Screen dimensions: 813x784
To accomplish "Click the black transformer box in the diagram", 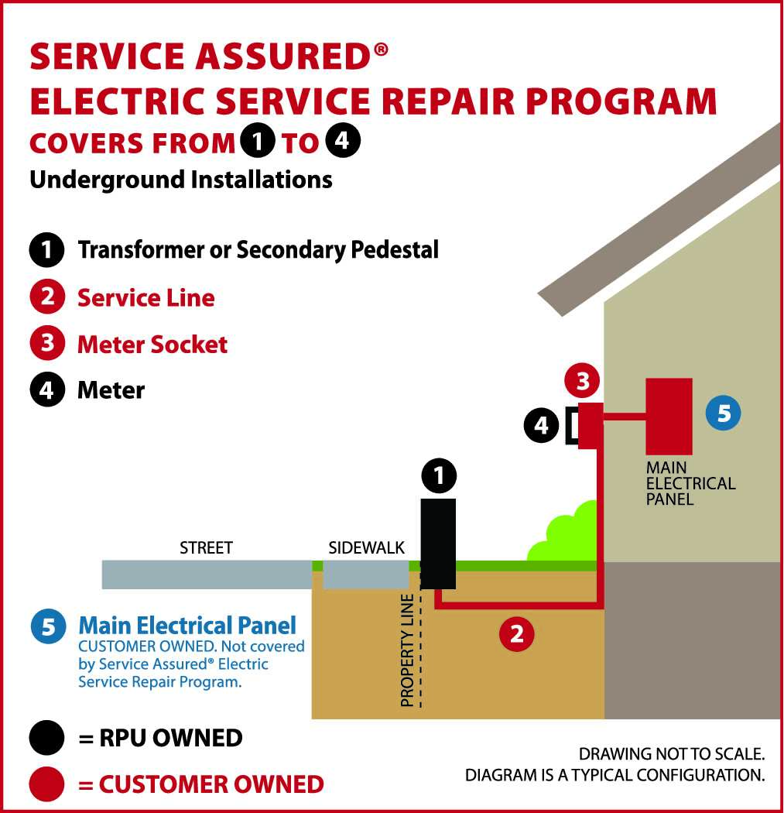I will (438, 544).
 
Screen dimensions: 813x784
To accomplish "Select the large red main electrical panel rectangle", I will (669, 416).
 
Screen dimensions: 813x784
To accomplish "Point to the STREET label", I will (206, 548).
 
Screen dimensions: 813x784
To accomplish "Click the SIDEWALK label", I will (366, 548).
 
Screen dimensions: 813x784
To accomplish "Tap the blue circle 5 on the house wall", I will (723, 413).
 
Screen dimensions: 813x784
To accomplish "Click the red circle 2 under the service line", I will (516, 634).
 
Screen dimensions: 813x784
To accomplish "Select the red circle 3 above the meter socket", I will (582, 380).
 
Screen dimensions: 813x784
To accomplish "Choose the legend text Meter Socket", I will (152, 345).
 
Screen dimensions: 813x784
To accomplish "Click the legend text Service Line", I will (146, 298).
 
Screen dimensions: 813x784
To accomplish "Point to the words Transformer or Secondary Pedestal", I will (258, 250).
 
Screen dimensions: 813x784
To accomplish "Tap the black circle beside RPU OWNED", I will (47, 738).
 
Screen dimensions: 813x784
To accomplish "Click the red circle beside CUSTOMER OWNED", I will (47, 784).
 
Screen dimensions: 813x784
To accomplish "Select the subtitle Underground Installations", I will (180, 180).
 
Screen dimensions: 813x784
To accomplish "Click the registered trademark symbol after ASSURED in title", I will (380, 50).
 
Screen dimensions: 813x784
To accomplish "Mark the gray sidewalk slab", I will (365, 575).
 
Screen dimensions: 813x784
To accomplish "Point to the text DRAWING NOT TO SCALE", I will (672, 753).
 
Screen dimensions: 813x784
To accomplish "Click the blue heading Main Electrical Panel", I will (187, 625).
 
